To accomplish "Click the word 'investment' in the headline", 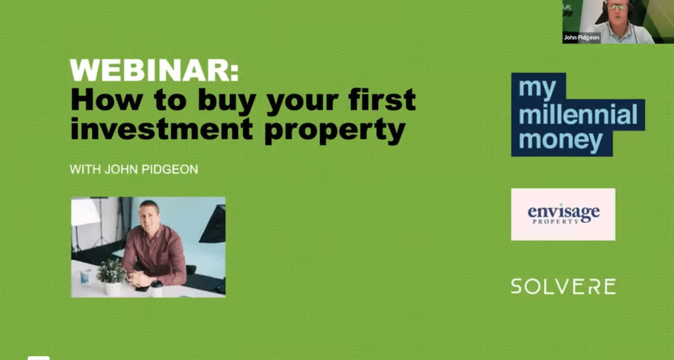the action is tap(161, 128).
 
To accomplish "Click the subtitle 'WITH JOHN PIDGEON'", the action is tap(133, 169).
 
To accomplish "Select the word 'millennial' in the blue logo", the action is tap(578, 115).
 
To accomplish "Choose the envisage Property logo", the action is tap(563, 214).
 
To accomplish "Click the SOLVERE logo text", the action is tap(563, 287).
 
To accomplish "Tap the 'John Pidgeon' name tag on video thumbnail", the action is tap(582, 38).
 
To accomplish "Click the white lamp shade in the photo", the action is tap(85, 212).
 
